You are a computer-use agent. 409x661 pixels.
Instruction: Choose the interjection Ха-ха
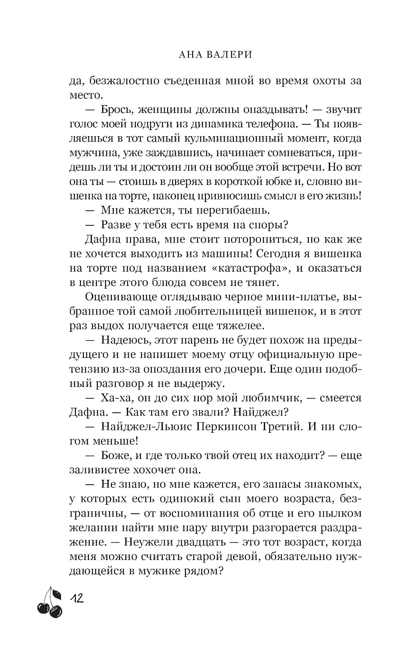pyautogui.click(x=116, y=398)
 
